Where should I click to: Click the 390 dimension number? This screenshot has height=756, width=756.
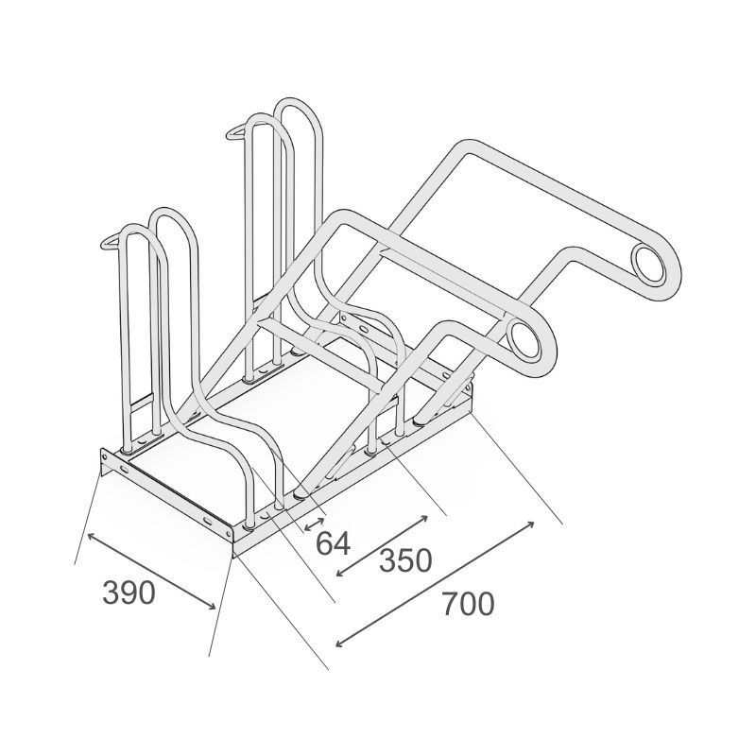point(129,593)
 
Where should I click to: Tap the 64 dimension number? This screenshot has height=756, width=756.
point(333,543)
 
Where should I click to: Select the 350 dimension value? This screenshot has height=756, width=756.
point(405,561)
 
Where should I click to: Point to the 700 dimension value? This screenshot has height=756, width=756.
point(468,604)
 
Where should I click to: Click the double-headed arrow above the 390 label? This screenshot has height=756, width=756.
point(151,572)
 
